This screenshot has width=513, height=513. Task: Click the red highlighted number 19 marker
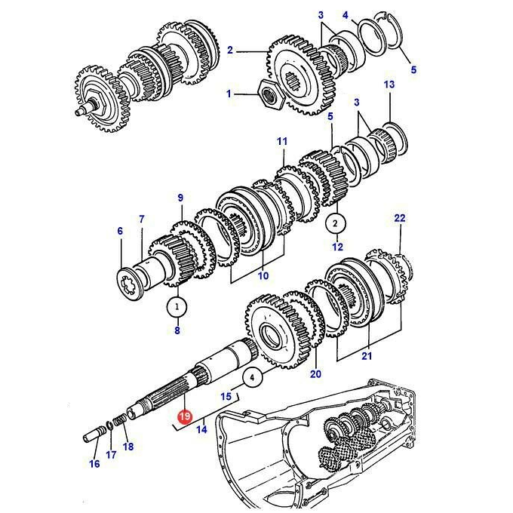pos(185,416)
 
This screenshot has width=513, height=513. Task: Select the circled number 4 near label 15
pos(251,378)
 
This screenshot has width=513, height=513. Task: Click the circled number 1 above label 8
pos(177,307)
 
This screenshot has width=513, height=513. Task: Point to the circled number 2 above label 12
pos(335,224)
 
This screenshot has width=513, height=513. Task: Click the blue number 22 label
pos(400,218)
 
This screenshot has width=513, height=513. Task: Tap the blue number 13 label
pos(389,84)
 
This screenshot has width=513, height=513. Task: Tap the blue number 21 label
pos(367,355)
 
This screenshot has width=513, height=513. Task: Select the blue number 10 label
pos(263,276)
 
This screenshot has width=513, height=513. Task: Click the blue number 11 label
pos(282,142)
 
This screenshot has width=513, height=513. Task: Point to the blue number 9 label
pos(180,198)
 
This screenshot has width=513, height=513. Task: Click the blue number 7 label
pos(142,219)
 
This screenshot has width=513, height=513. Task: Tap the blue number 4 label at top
pos(346,15)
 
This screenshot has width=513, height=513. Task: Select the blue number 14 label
pos(202,429)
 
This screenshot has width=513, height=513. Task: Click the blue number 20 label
pos(315,373)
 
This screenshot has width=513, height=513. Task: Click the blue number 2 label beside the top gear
pos(230,50)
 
